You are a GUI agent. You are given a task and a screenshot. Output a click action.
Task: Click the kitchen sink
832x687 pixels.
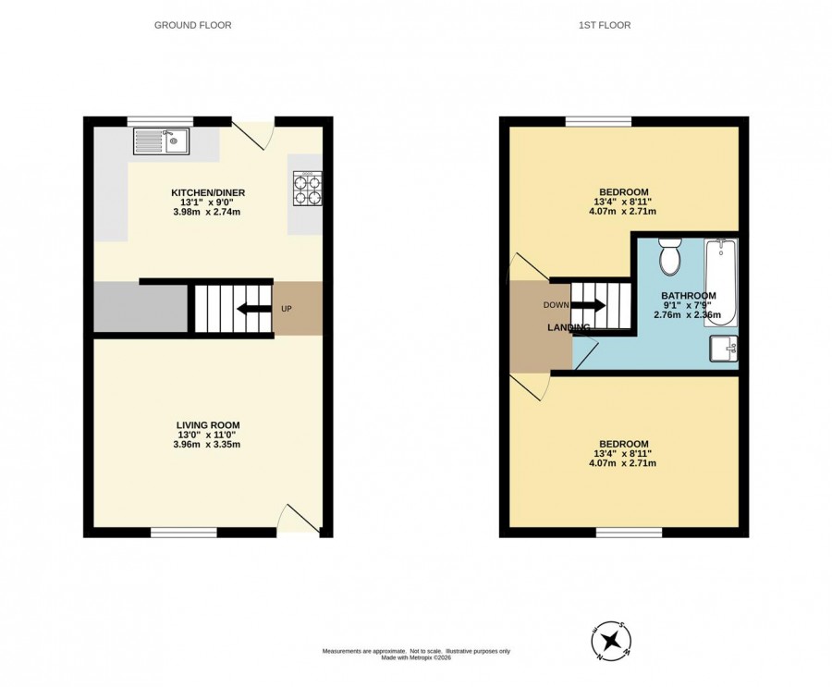coord(162,141)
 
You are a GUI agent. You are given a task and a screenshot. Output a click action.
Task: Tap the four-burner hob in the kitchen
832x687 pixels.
coord(307,188)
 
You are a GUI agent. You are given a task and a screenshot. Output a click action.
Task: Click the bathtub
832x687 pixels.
coord(720,282)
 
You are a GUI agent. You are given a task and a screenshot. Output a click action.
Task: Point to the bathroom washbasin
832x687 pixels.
coord(724,349)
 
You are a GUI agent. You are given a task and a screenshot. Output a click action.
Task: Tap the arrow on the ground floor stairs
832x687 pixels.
coord(253,309)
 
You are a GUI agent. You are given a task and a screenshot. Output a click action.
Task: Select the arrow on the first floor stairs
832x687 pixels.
coord(587,305)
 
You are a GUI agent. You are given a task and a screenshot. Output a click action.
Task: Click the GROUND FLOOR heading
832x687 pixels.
coord(192,25)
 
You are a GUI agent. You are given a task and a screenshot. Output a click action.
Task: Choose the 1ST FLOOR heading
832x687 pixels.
coord(605,25)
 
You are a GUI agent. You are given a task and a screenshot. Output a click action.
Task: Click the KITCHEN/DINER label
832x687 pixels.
coord(208,192)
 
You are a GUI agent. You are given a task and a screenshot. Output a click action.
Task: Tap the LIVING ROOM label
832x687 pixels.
coord(208,424)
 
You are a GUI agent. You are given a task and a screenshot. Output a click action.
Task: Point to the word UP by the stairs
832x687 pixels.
coord(286,309)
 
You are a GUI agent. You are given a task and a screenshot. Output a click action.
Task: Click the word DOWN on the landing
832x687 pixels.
coord(557,305)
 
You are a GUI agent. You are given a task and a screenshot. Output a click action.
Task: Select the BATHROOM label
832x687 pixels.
coord(688,296)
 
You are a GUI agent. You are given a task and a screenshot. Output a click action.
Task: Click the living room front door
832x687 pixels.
coord(299,519)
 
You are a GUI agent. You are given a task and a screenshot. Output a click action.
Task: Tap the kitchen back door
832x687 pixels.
coord(253,134)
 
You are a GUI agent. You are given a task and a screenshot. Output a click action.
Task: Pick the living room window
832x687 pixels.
coord(184,533)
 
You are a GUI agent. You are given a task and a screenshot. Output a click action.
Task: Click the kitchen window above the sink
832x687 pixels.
coord(160,121)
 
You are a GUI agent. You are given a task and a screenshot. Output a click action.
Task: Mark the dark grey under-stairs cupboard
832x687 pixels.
coord(141,309)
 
